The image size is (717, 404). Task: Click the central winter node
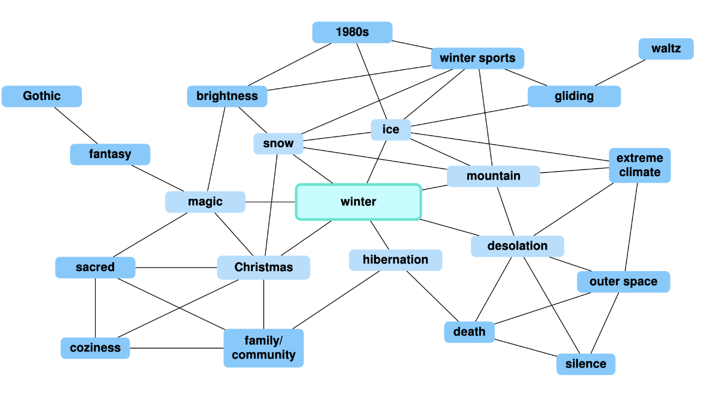pyautogui.click(x=358, y=202)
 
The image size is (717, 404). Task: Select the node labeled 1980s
pyautogui.click(x=352, y=32)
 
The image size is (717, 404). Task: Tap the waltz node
pyautogui.click(x=666, y=49)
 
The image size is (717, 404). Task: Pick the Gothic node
pyautogui.click(x=42, y=96)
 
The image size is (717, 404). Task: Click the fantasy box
pyautogui.click(x=110, y=154)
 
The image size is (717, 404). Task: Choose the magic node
pyautogui.click(x=205, y=202)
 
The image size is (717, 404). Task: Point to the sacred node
pyautogui.click(x=95, y=267)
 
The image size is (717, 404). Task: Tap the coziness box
pyautogui.click(x=95, y=348)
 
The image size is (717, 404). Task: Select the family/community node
pyautogui.click(x=263, y=348)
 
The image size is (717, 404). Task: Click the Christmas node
pyautogui.click(x=263, y=267)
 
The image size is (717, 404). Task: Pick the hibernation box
pyautogui.click(x=396, y=260)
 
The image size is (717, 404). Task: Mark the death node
pyautogui.click(x=469, y=332)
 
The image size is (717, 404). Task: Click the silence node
pyautogui.click(x=586, y=364)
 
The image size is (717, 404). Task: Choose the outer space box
pyautogui.click(x=623, y=281)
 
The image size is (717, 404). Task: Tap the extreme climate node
pyautogui.click(x=640, y=165)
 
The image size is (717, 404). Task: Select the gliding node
pyautogui.click(x=574, y=96)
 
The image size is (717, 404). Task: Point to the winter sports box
pyautogui.click(x=477, y=58)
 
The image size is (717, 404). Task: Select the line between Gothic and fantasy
pyautogui.click(x=76, y=126)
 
